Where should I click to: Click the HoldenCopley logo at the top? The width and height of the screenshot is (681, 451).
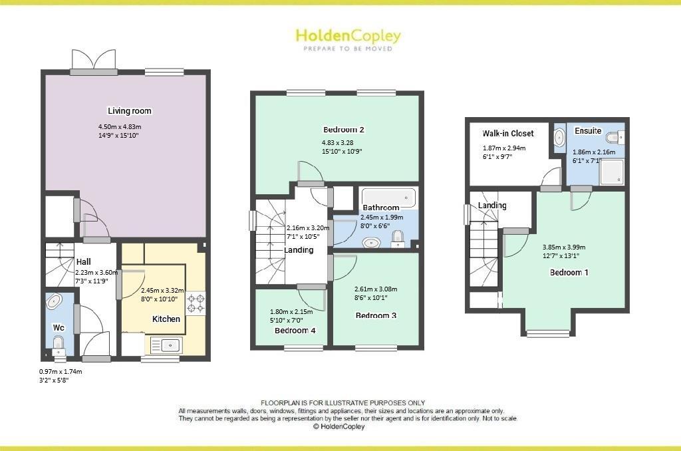click(x=348, y=37)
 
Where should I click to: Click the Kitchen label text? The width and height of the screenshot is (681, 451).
click(x=166, y=319)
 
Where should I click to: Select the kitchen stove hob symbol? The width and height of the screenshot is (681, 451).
click(x=197, y=303)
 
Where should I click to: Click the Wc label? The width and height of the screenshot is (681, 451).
click(x=58, y=327)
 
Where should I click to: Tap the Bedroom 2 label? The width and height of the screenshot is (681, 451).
click(x=343, y=130)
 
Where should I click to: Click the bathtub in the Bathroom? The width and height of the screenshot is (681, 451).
click(x=388, y=198)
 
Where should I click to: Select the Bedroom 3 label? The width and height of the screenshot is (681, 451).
click(x=376, y=315)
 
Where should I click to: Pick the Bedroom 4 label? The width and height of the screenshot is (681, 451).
click(x=295, y=331)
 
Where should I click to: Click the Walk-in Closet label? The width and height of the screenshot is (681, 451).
click(x=508, y=134)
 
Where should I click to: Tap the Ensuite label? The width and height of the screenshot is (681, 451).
click(x=588, y=131)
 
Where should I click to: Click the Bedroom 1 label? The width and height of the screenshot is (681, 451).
click(x=569, y=273)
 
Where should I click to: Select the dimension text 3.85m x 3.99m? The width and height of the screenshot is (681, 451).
click(x=564, y=247)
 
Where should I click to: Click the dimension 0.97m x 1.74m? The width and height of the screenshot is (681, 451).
click(x=65, y=372)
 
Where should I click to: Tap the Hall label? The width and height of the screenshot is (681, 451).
click(x=84, y=262)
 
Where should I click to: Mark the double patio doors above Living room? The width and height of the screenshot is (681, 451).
click(x=94, y=61)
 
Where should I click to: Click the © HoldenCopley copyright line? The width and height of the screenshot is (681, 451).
click(x=340, y=427)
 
